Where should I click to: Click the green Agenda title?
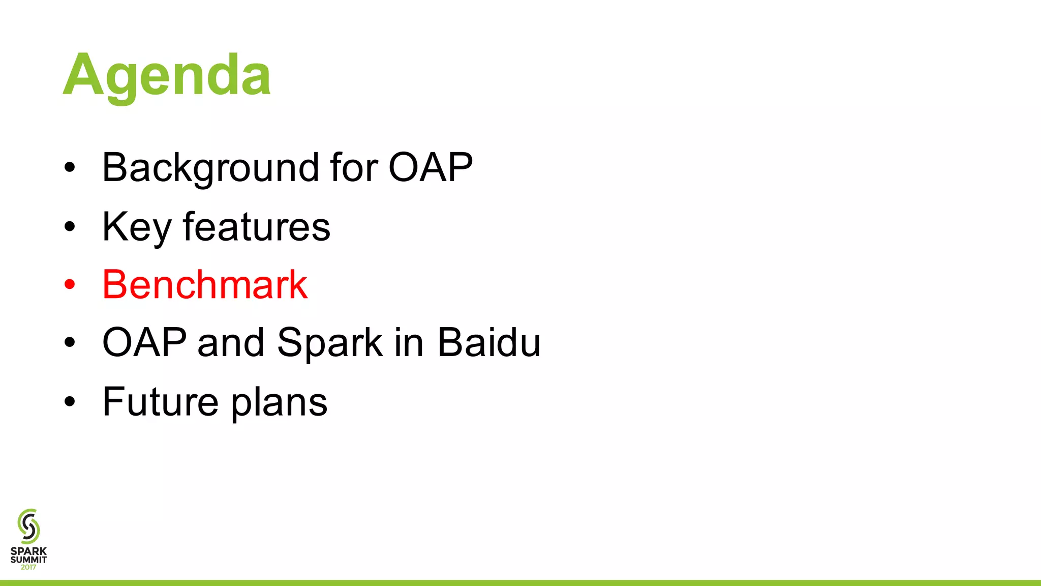pyautogui.click(x=167, y=76)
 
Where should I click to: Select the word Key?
pyautogui.click(x=136, y=227)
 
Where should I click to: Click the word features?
pyautogui.click(x=257, y=227)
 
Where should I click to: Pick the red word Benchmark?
pyautogui.click(x=205, y=284)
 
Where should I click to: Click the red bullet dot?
pyautogui.click(x=70, y=284)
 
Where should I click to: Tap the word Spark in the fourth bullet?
pyautogui.click(x=330, y=342)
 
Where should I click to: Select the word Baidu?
pyautogui.click(x=488, y=342)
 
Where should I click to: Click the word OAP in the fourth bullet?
pyautogui.click(x=144, y=342)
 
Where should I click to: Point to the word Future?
pyautogui.click(x=161, y=401)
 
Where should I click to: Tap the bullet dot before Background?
pyautogui.click(x=70, y=167)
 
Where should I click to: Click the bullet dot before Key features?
pyautogui.click(x=70, y=226)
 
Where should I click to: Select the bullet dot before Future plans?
pyautogui.click(x=70, y=401)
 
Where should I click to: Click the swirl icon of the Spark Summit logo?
pyautogui.click(x=28, y=526)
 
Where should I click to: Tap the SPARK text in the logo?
pyautogui.click(x=28, y=551)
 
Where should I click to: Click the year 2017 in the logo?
pyautogui.click(x=28, y=567)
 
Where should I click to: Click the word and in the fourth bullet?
pyautogui.click(x=231, y=342)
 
